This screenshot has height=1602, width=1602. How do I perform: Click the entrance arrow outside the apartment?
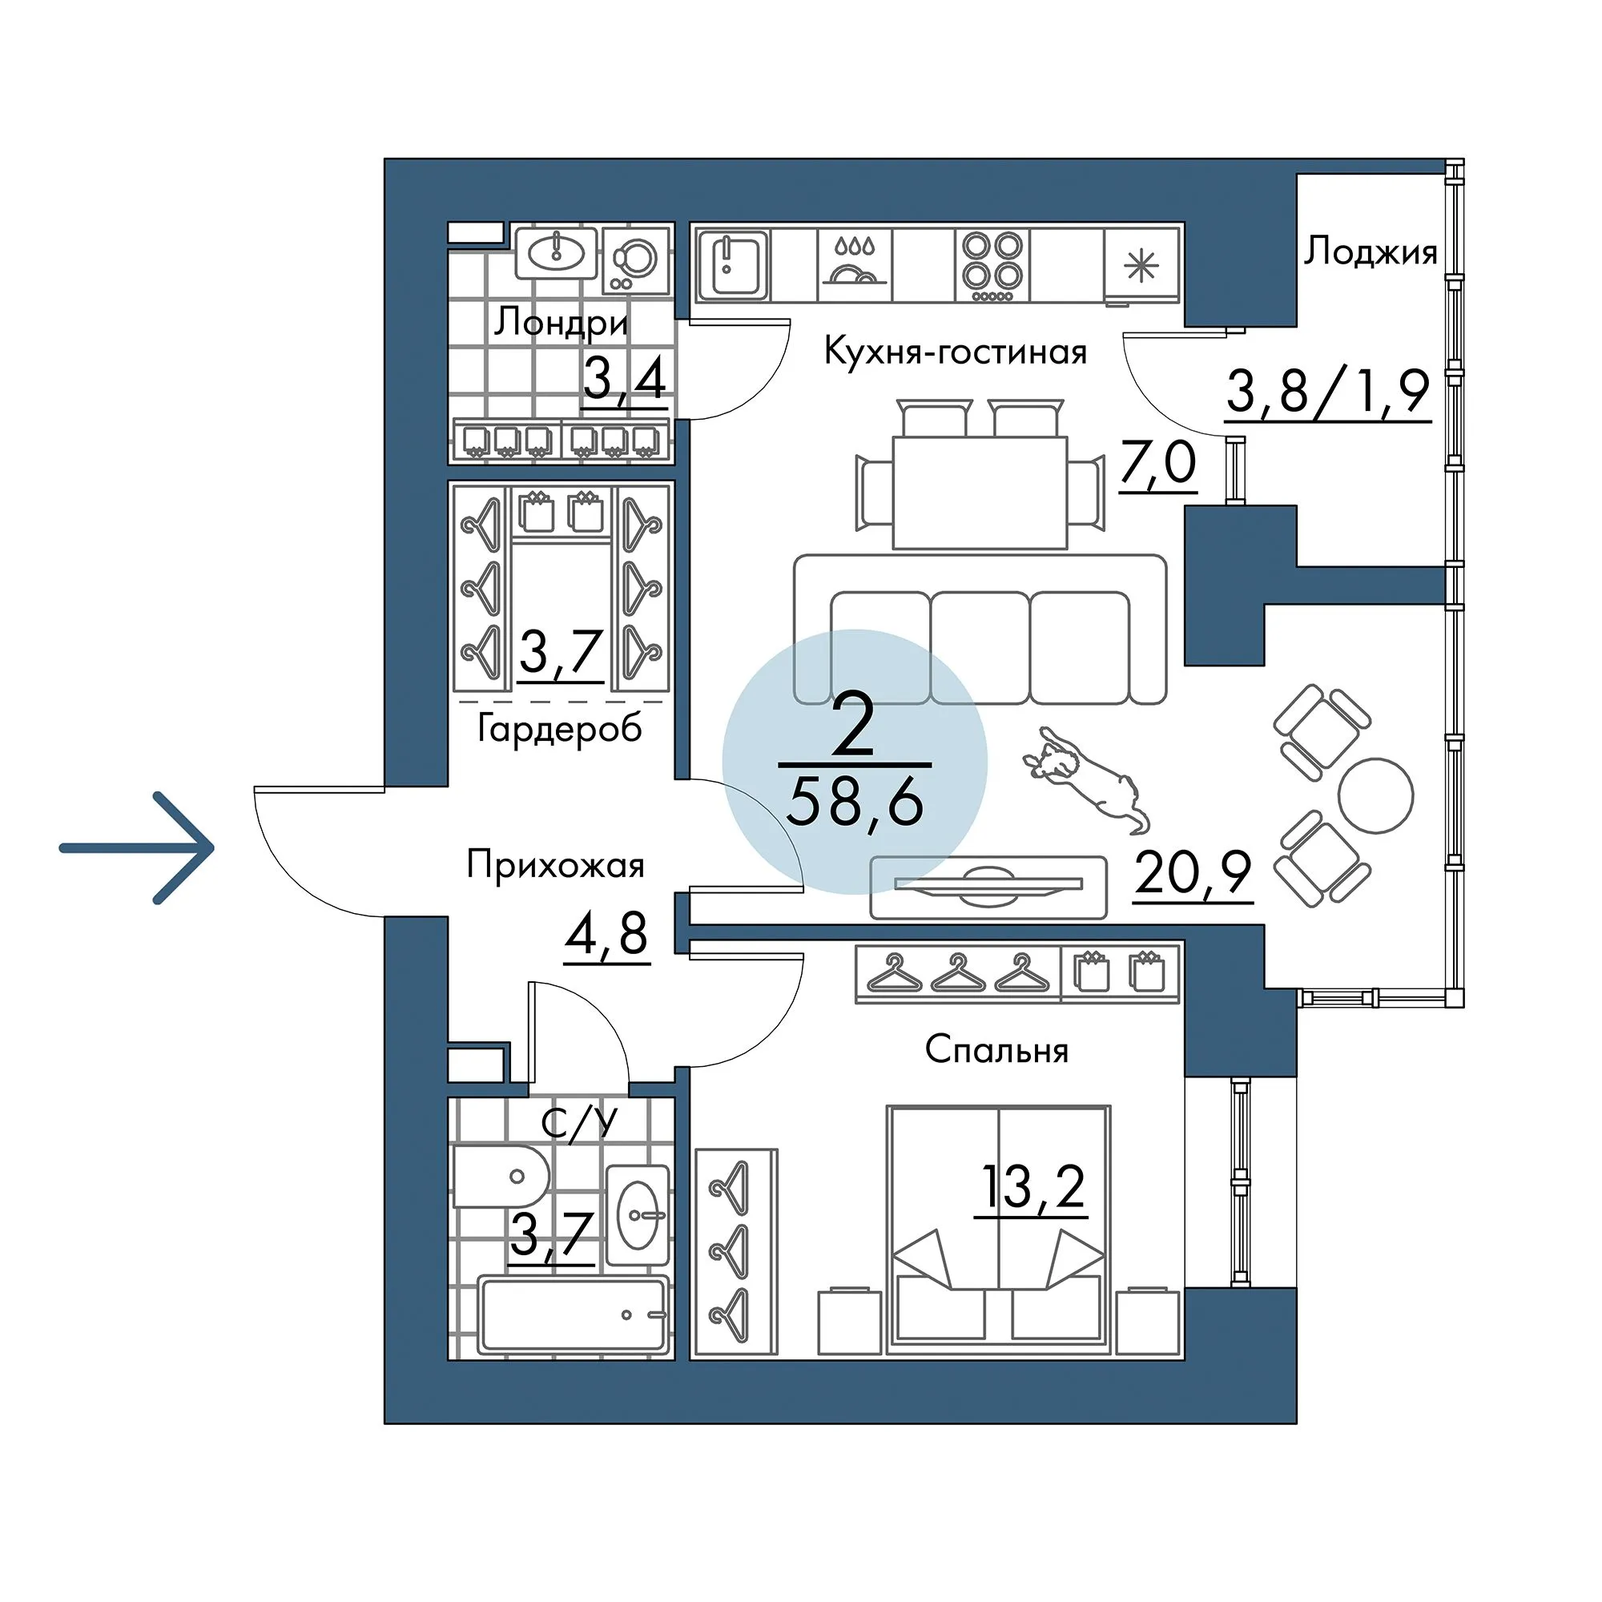137,847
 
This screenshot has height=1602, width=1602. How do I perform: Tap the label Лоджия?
1371,252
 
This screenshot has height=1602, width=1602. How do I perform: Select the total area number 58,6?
855,803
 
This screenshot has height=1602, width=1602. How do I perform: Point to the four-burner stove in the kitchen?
992,265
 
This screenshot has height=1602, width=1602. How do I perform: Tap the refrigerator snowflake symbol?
1140,265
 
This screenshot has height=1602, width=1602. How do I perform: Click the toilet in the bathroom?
501,1176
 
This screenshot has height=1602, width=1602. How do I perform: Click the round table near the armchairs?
1375,795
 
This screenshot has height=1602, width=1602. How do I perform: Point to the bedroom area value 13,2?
1032,1187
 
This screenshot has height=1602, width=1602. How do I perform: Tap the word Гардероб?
560,730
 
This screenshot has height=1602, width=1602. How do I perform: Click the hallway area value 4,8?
606,934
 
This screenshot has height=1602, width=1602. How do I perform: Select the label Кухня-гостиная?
956,352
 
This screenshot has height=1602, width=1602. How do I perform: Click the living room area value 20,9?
1193,872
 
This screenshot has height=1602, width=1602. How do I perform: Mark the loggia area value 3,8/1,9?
1328,392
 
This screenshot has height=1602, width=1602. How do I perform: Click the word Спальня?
996,1051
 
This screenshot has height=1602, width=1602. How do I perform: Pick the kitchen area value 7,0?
1157,463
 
